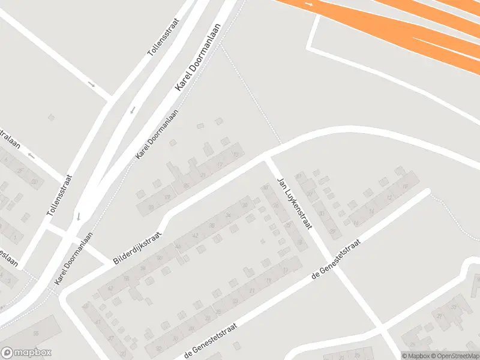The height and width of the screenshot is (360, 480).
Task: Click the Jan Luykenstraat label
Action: click(294, 204)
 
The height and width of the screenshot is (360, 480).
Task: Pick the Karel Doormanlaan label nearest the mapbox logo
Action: click(73, 259)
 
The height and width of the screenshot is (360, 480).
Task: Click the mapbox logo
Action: click(26, 353)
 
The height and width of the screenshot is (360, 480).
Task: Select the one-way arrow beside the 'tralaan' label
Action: click(31, 156)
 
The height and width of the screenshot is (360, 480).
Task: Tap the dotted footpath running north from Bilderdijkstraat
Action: click(252, 96)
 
